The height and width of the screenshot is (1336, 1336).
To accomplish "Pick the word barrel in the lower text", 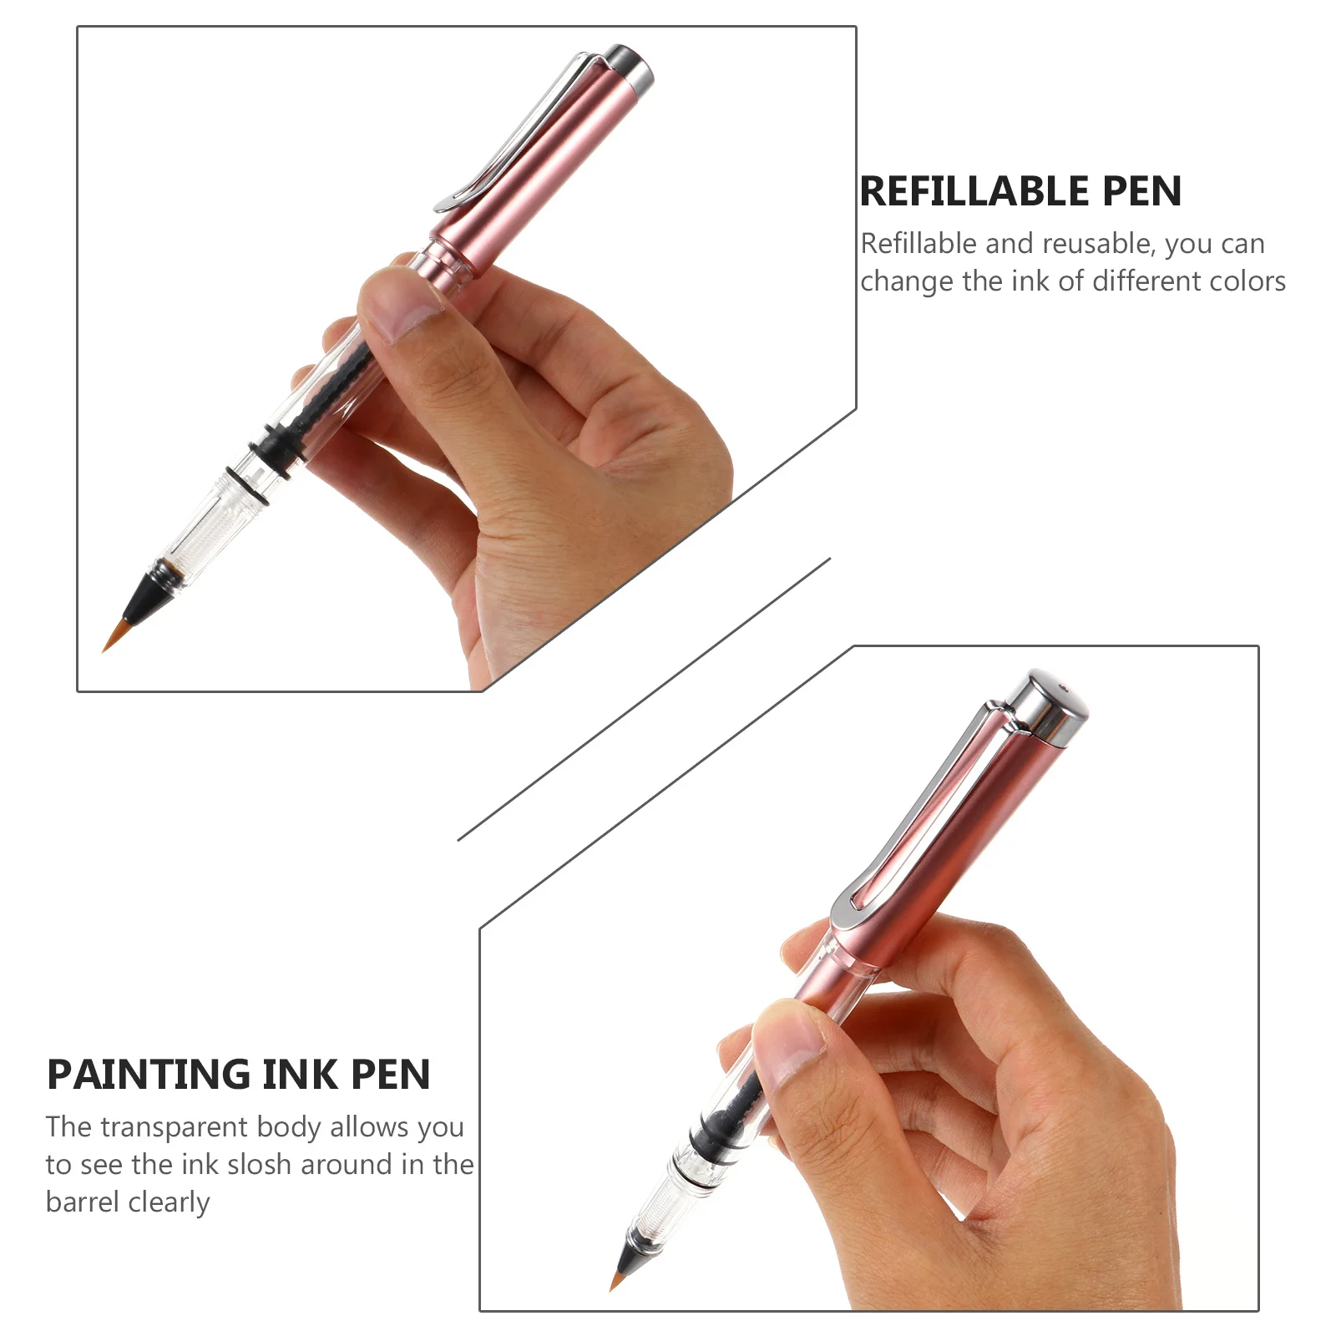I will pos(82,1202).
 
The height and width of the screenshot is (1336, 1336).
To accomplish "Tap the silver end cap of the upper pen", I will pos(631,67).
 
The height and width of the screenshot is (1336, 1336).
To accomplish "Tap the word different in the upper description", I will pos(1147,281).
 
